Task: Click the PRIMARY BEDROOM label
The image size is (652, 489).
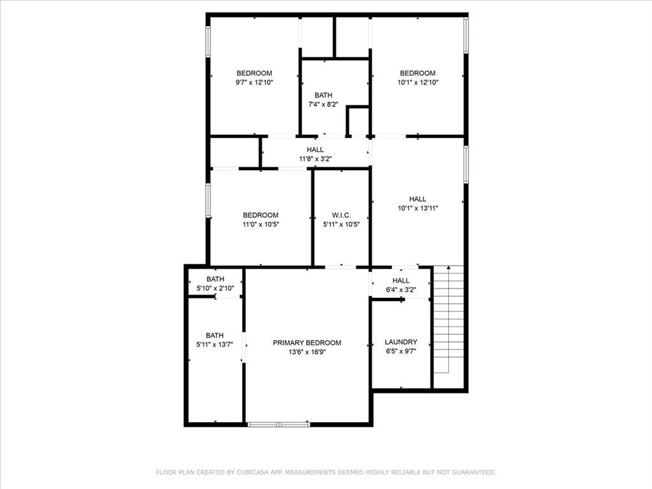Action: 307,343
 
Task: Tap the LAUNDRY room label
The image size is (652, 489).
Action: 401,342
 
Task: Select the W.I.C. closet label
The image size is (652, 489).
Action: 341,215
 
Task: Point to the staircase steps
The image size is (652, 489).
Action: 448,318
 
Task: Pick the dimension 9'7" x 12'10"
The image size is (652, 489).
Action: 254,82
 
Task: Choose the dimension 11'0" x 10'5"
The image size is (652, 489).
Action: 260,224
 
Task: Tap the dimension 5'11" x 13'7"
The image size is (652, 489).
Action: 215,344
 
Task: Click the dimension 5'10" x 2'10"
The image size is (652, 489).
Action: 215,288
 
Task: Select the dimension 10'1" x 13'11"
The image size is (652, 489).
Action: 418,208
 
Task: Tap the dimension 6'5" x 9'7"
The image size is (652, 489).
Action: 401,351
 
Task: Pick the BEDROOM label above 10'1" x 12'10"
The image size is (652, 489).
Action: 418,73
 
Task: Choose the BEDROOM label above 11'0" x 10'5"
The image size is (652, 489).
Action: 260,215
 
